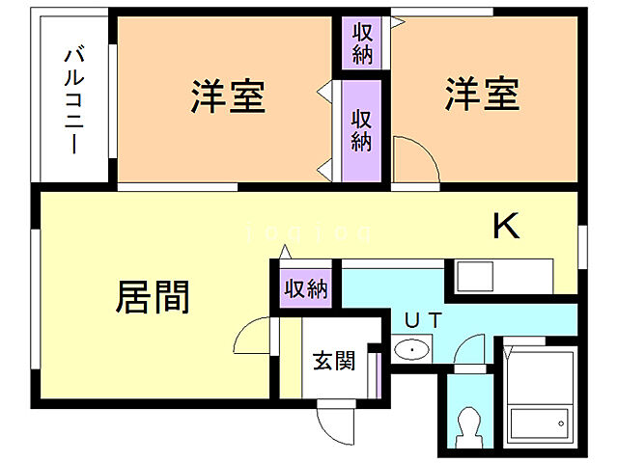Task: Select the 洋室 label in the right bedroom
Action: (x=483, y=95)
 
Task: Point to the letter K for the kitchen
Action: (x=507, y=227)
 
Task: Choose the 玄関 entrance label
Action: (x=333, y=361)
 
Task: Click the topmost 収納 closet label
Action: (x=362, y=42)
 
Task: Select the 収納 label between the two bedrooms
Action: (x=361, y=130)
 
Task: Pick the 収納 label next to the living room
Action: (x=306, y=288)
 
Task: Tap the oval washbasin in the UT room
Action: (x=415, y=349)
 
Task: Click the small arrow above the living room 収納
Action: (x=284, y=252)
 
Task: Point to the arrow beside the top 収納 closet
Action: (x=397, y=18)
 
